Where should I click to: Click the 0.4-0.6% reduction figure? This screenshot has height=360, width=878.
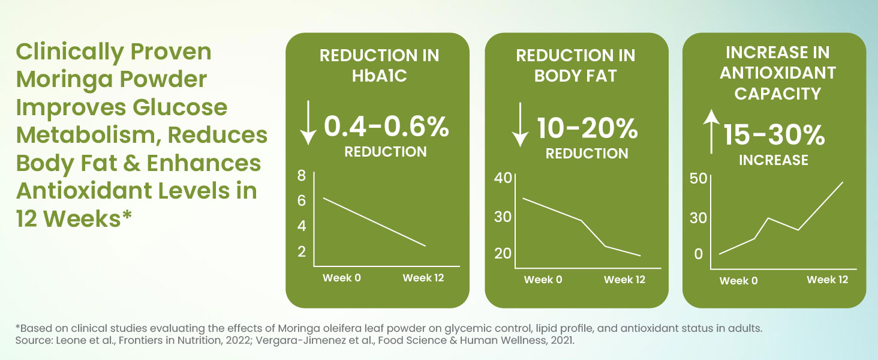pyautogui.click(x=386, y=127)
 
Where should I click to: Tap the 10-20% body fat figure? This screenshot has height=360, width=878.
pyautogui.click(x=587, y=128)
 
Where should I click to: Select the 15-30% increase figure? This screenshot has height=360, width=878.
pyautogui.click(x=774, y=135)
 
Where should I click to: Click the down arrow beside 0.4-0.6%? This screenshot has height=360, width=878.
pyautogui.click(x=308, y=123)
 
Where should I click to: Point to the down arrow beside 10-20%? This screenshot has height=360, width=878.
pyautogui.click(x=520, y=125)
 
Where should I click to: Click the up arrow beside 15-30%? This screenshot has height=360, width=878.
pyautogui.click(x=711, y=132)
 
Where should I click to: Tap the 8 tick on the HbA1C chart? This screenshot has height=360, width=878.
pyautogui.click(x=302, y=175)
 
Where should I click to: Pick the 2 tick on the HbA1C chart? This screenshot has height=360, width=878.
pyautogui.click(x=302, y=251)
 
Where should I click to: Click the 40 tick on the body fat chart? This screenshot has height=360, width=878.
pyautogui.click(x=503, y=178)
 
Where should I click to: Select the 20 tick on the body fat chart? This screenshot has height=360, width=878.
pyautogui.click(x=503, y=253)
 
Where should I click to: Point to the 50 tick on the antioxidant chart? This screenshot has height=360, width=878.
pyautogui.click(x=698, y=179)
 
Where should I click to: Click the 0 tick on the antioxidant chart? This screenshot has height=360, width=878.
pyautogui.click(x=699, y=254)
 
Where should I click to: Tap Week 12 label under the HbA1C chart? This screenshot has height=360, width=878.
pyautogui.click(x=423, y=278)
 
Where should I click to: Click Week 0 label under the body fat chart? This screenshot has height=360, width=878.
pyautogui.click(x=543, y=280)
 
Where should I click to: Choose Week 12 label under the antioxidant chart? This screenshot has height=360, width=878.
pyautogui.click(x=828, y=280)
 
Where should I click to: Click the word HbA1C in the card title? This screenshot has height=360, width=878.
pyautogui.click(x=380, y=76)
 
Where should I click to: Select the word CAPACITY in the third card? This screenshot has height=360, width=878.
pyautogui.click(x=778, y=94)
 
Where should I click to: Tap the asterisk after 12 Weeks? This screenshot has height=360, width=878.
pyautogui.click(x=127, y=215)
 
